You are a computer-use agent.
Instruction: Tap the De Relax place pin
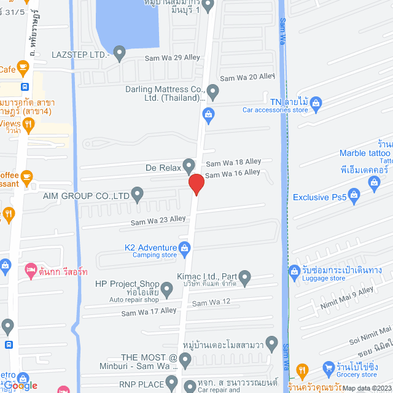pyautogui.click(x=189, y=166)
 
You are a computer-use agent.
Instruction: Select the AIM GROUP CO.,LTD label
pyautogui.click(x=86, y=196)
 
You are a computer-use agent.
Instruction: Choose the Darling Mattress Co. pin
pyautogui.click(x=213, y=93)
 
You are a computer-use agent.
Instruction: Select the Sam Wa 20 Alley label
pyautogui.click(x=247, y=77)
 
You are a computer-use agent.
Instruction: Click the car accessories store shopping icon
pyautogui.click(x=316, y=102)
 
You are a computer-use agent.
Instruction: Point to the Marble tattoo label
pyautogui.click(x=365, y=153)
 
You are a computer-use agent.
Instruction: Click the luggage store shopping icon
pyautogui.click(x=294, y=271)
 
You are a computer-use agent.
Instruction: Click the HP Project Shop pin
pyautogui.click(x=166, y=288)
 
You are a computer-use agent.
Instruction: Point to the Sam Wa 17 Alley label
pyautogui.click(x=149, y=312)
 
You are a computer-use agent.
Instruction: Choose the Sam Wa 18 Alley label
pyautogui.click(x=233, y=162)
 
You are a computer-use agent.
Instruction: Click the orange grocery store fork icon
pyautogui.click(x=302, y=370)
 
